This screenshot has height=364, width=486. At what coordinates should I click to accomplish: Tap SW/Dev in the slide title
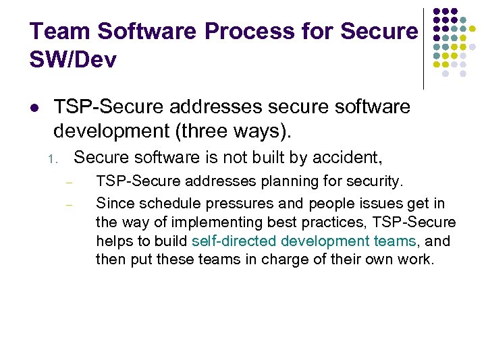point(74,61)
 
